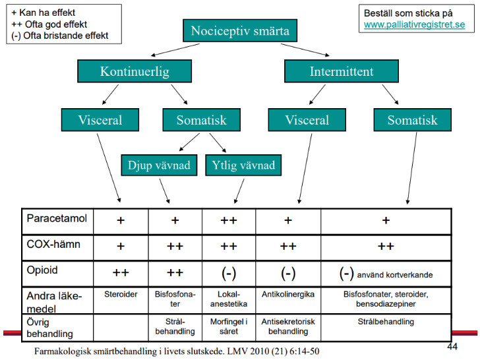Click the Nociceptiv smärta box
click(240, 31)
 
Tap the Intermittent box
click(332, 72)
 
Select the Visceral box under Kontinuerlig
click(100, 121)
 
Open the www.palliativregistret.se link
click(414, 24)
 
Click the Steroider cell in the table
click(121, 295)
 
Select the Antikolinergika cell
click(288, 295)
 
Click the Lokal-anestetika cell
click(229, 299)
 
